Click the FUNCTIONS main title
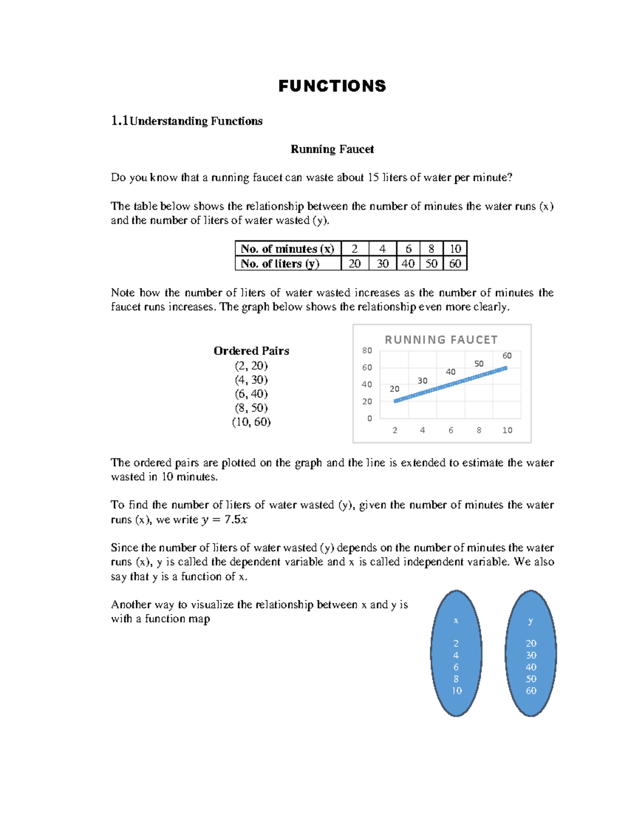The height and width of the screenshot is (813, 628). point(332,86)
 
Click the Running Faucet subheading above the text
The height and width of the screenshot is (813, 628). point(332,149)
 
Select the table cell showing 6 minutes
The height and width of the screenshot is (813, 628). point(408,249)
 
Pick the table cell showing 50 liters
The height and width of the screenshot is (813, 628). point(431,263)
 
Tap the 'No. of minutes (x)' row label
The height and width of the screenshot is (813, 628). point(287,249)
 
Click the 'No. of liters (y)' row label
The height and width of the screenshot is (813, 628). point(280,263)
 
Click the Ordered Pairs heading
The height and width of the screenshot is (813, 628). point(251,351)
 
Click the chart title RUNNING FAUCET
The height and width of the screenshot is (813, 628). point(441,340)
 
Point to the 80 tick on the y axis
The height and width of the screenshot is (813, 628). point(367,350)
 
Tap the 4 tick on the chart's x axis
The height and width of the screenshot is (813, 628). point(422,430)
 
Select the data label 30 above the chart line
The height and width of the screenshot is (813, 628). point(422,381)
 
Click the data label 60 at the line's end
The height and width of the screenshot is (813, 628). point(507,355)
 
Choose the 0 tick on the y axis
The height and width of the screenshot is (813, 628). point(369,418)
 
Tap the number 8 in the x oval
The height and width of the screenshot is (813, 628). point(456,679)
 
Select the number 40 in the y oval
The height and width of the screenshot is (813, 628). point(531,667)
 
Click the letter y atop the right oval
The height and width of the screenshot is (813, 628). point(530,621)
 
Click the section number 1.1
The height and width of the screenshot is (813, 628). point(119,121)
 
